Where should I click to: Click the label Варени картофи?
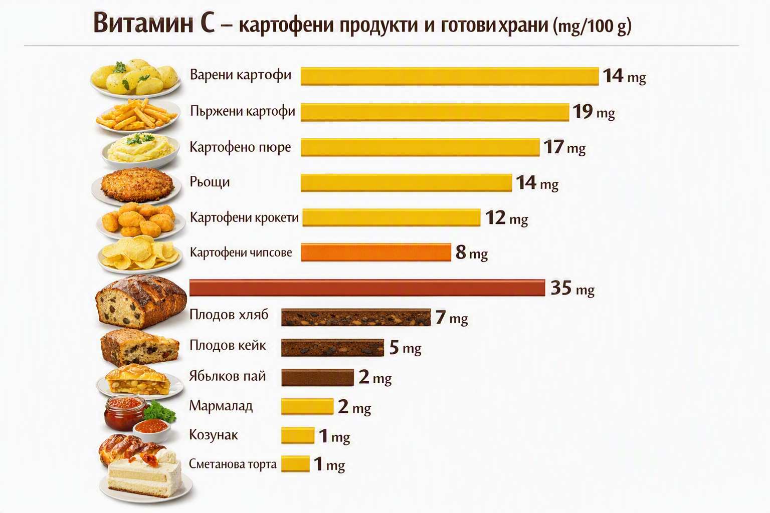point(240,75)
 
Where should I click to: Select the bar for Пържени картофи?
point(435,112)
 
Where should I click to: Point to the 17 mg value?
point(564,147)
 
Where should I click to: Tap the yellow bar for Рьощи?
point(407,182)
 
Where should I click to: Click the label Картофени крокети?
point(244,217)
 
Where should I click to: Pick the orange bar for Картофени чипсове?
point(376,252)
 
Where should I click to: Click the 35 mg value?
point(572,288)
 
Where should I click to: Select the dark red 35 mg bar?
point(367,288)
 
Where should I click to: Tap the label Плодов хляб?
point(229,315)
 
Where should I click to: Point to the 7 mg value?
point(451,318)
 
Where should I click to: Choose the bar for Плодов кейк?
point(332,347)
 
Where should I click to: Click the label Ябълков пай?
point(227,376)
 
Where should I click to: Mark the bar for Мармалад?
point(307,406)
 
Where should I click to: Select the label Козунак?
point(213,435)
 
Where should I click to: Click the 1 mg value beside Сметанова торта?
point(329,464)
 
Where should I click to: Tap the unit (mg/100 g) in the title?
point(592,26)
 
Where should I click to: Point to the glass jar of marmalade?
point(124,413)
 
